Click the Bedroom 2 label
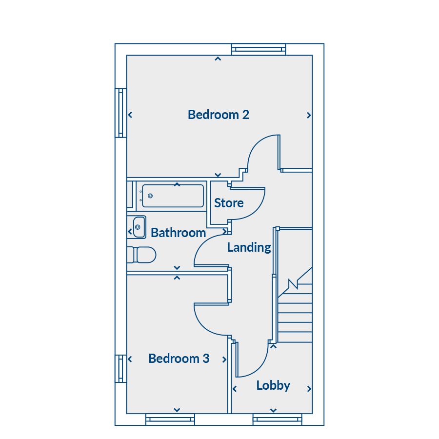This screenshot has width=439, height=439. pos(219,115)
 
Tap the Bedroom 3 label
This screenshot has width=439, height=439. pos(179,359)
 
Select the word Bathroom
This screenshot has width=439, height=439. pos(179,233)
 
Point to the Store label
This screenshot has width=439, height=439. pos(229,203)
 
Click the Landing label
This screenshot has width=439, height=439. pos(249,247)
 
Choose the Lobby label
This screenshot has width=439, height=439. pos(273,385)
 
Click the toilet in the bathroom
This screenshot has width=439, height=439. pos(141,255)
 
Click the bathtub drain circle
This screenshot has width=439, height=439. pos(150,196)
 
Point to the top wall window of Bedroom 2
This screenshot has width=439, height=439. pos(259,49)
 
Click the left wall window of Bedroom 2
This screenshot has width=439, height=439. pos(120,113)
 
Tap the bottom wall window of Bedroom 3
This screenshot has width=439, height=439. pos(170,419)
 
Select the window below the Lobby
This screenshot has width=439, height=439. pos(278,419)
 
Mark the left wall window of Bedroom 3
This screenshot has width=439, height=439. pos(120,369)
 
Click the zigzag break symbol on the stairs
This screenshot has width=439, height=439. pos(293,284)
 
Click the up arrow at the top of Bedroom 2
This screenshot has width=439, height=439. pos(218,59)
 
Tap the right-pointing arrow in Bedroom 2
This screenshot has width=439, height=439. pos(309,115)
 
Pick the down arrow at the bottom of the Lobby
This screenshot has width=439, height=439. pos(274,410)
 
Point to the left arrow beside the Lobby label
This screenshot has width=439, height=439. pos(235,389)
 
